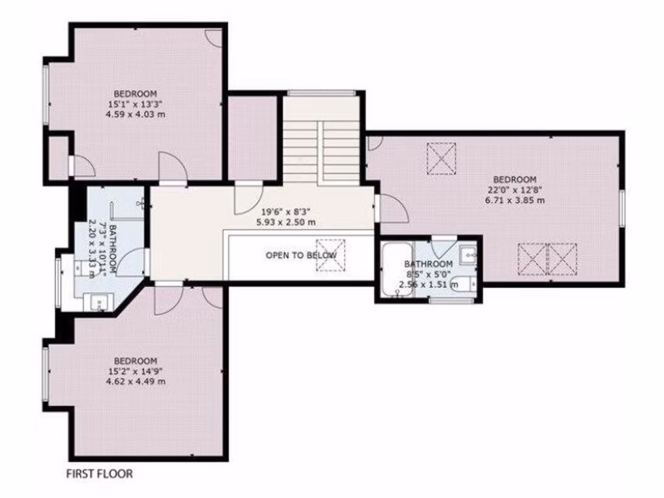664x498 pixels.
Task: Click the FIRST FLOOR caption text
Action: pyautogui.click(x=100, y=474)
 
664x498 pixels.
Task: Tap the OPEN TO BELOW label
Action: pyautogui.click(x=300, y=255)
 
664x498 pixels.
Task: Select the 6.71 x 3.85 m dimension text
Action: pyautogui.click(x=515, y=200)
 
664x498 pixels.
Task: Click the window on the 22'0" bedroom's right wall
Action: pyautogui.click(x=621, y=209)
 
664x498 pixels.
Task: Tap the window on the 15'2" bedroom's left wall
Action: pyautogui.click(x=46, y=373)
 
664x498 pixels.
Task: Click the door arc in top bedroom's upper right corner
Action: pyautogui.click(x=213, y=38)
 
